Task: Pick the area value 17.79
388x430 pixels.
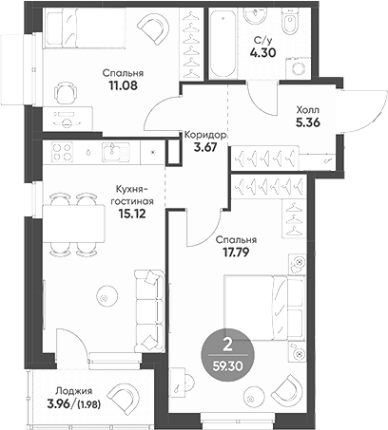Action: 237,252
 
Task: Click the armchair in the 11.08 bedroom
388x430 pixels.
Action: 153,31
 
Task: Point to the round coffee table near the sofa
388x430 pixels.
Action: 103,300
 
